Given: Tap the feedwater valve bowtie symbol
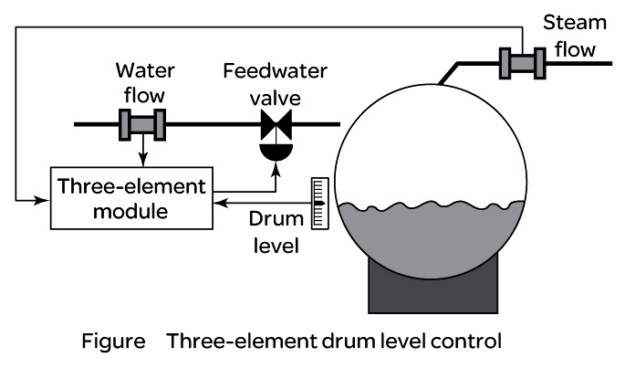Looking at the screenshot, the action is [276, 124].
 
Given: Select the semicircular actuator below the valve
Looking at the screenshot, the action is [276, 152].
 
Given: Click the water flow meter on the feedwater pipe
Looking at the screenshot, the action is [142, 124].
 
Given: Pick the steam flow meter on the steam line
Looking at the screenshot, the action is [523, 63].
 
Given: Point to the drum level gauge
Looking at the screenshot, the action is [319, 203].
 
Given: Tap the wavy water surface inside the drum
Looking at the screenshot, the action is [432, 206].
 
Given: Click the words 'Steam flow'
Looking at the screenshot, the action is [575, 36].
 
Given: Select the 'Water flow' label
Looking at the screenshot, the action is [145, 82].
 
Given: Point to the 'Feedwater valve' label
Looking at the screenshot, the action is [275, 85].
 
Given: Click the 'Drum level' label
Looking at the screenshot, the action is [276, 232].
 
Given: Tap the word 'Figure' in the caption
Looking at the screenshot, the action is [114, 342].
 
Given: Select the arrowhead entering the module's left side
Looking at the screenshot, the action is [42, 200].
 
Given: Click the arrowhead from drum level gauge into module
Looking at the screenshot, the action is [221, 203].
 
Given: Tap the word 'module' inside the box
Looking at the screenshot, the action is [130, 211].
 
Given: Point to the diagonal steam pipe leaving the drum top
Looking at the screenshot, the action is [448, 73].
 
